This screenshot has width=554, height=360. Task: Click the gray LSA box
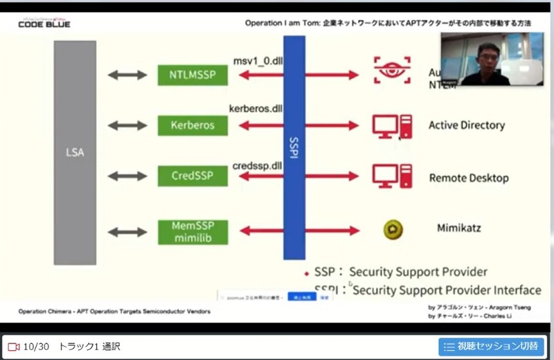pos(75,152)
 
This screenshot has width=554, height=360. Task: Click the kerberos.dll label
pos(256,109)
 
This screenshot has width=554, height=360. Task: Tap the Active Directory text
pos(466,125)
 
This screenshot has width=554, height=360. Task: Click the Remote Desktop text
pos(469,178)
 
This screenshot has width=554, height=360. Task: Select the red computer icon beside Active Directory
pos(392,126)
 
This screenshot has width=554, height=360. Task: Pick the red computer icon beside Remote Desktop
pos(392,176)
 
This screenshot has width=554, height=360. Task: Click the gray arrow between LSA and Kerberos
pos(123,126)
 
